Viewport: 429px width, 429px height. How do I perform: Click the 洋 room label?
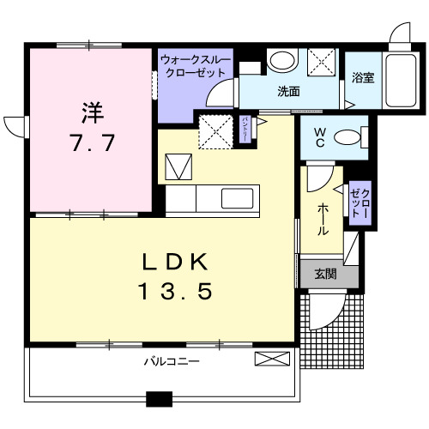93,112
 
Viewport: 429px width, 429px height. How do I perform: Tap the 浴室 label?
363,78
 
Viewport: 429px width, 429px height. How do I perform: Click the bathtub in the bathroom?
397,79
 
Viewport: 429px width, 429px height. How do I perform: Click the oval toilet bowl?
347,136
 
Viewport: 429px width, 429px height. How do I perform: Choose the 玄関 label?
324,275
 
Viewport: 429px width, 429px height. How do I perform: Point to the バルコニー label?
172,362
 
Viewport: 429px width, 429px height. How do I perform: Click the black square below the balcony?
159,398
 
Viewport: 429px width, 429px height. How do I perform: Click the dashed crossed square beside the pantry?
214,132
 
